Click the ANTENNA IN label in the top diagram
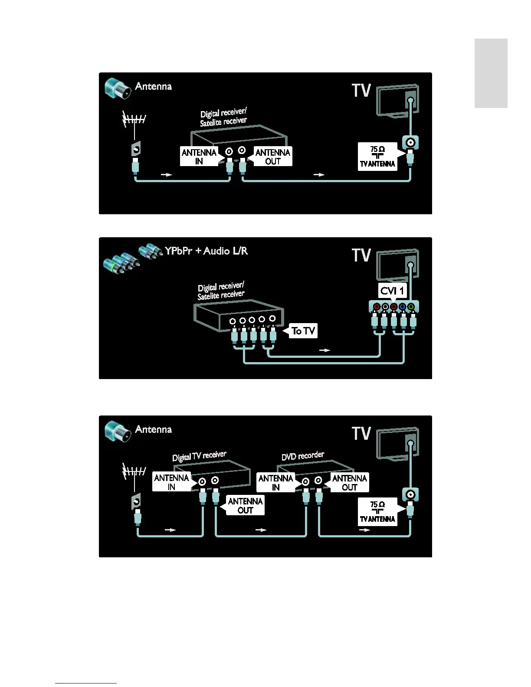point(199,157)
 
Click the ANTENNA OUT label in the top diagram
point(272,157)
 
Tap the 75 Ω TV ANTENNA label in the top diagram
point(377,157)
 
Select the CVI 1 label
point(392,291)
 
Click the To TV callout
point(303,331)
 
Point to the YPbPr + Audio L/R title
point(206,251)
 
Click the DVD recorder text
point(302,456)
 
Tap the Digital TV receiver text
point(199,456)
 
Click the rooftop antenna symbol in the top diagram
point(134,119)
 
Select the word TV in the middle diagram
point(361,255)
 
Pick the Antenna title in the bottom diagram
point(153,429)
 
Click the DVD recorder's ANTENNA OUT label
point(349,482)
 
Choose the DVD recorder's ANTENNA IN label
point(275,482)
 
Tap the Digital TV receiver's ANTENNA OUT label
point(245,506)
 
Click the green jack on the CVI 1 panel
point(411,307)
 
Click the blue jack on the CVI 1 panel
point(402,307)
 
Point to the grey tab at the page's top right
point(491,73)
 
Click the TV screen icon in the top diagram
point(397,100)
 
